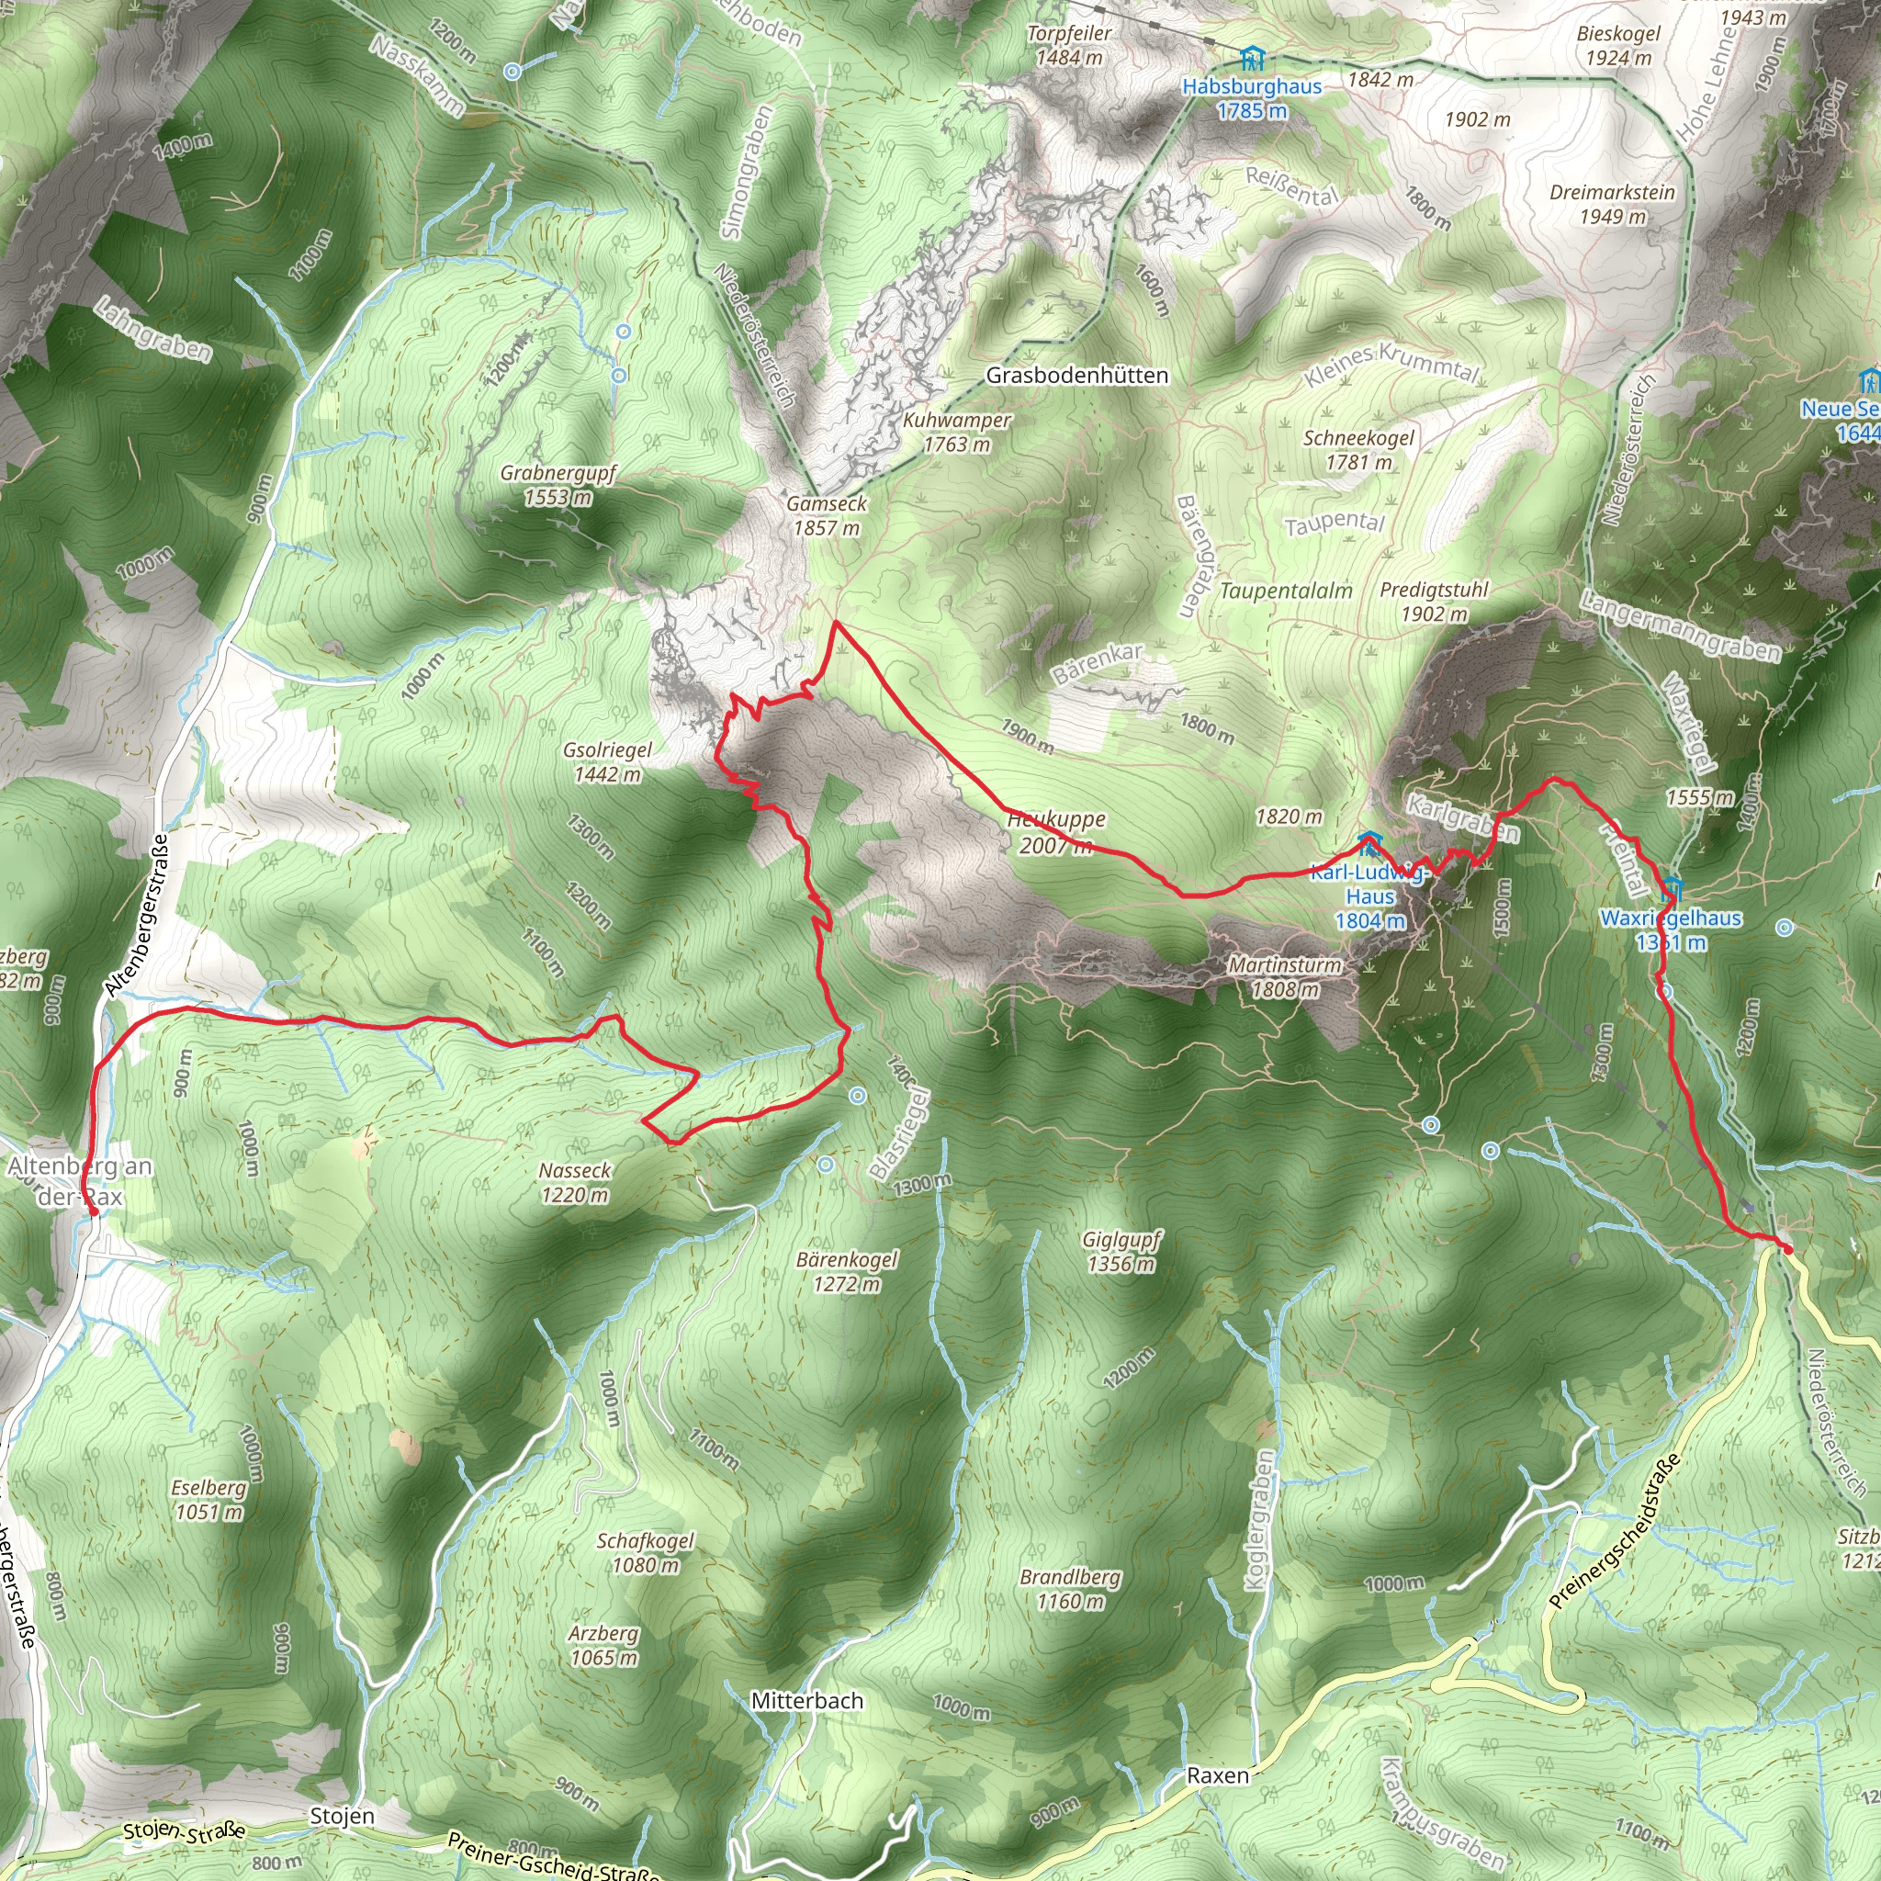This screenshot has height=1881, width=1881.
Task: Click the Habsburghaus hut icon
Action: click(x=1252, y=59)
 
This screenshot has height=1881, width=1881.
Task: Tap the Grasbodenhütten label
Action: click(x=1076, y=375)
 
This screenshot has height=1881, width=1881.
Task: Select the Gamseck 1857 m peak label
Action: click(x=826, y=516)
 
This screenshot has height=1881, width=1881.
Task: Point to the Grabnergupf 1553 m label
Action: click(x=558, y=485)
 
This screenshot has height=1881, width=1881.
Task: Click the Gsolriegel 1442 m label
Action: click(x=607, y=762)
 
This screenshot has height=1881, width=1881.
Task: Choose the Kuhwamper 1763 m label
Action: click(x=956, y=433)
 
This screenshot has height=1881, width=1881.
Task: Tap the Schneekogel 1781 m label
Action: click(x=1358, y=450)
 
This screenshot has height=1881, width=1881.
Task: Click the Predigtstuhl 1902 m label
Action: click(x=1434, y=602)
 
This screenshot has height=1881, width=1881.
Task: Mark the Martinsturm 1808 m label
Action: click(x=1285, y=977)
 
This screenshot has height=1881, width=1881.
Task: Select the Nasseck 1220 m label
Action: click(x=575, y=1183)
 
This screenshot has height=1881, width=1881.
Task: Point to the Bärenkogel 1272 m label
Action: click(x=847, y=1271)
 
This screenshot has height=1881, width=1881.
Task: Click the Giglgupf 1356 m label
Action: click(x=1121, y=1252)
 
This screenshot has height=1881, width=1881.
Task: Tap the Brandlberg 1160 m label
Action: click(x=1070, y=1589)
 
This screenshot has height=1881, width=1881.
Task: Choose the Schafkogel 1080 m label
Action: click(x=646, y=1553)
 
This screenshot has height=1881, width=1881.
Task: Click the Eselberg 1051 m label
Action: click(x=208, y=1499)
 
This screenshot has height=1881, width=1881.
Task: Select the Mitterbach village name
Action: click(x=807, y=1701)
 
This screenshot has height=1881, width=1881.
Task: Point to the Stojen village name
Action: click(x=342, y=1816)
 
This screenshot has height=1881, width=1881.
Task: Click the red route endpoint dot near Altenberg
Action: click(x=94, y=1212)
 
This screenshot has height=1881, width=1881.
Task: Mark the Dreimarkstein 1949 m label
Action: click(x=1612, y=205)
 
